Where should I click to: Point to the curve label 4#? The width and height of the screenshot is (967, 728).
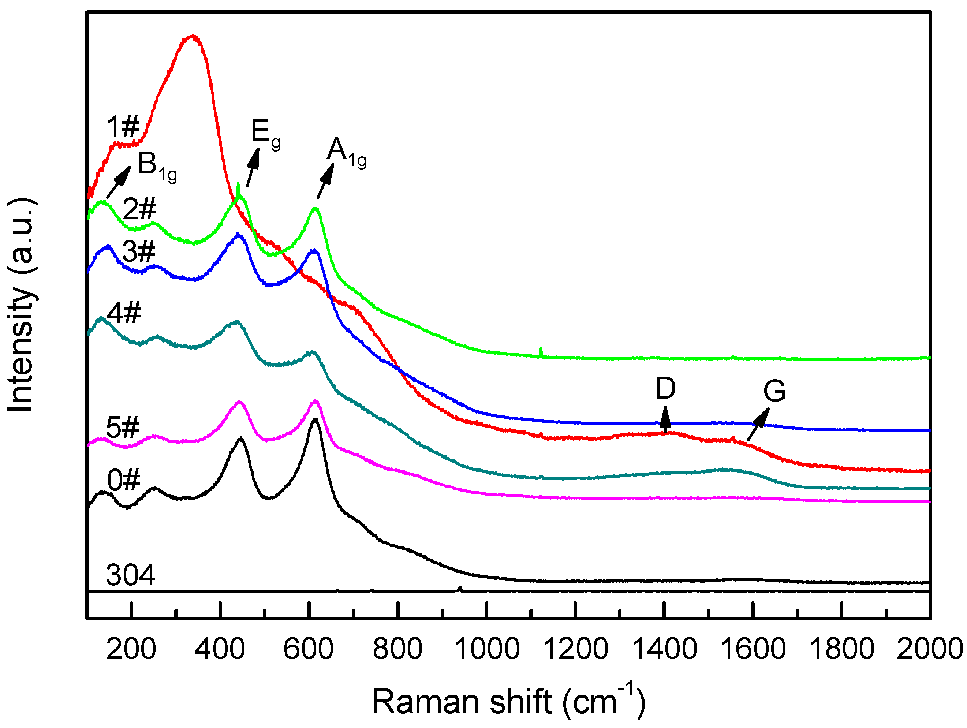click(124, 313)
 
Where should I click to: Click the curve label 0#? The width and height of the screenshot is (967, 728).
click(124, 480)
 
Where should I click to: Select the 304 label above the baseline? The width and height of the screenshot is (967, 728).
click(131, 575)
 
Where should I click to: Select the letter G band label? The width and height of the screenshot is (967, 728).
click(774, 391)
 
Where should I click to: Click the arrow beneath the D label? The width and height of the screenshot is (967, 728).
click(665, 418)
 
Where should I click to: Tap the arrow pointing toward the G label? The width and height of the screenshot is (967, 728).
click(758, 424)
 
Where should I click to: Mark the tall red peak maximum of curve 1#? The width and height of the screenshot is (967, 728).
click(193, 37)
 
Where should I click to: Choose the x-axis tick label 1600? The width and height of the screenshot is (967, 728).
click(753, 649)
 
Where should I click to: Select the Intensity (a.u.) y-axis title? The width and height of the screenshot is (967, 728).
click(22, 305)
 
